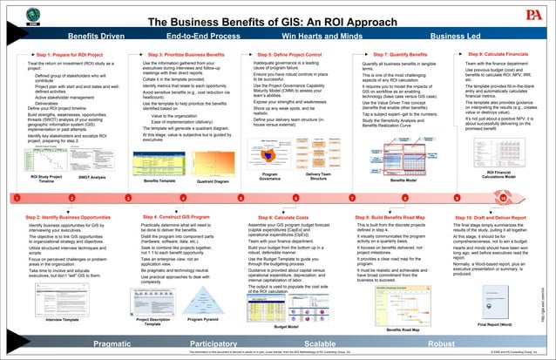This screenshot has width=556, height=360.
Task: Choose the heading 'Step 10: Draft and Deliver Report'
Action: coord(498,215)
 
